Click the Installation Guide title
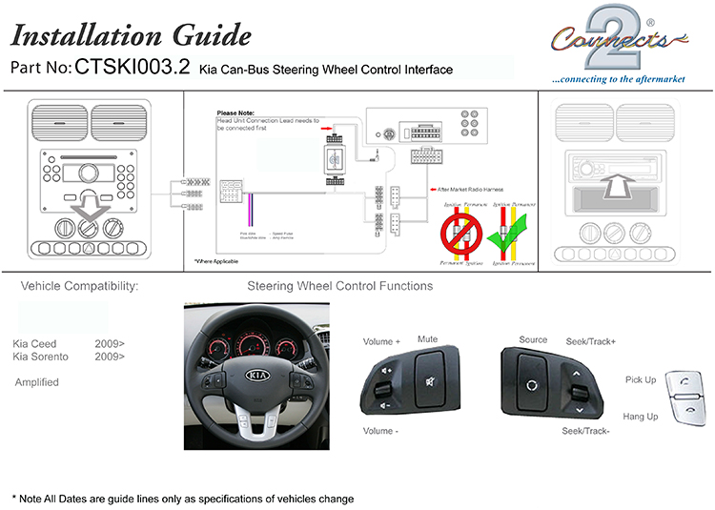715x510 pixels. coord(131,36)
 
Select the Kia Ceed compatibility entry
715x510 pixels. coord(35,343)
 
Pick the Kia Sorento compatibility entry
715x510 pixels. coord(41,357)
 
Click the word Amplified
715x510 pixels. coord(37,382)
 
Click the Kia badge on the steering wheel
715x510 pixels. coord(256,376)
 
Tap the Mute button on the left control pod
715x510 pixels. coord(426,369)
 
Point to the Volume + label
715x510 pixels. coord(381,341)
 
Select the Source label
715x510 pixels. coord(533,339)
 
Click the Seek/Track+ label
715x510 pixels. coord(591,341)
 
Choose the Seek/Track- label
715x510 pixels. coord(586,432)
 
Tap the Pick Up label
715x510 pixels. coord(640,380)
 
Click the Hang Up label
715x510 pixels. coord(640,417)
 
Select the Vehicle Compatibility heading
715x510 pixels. coord(79,286)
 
